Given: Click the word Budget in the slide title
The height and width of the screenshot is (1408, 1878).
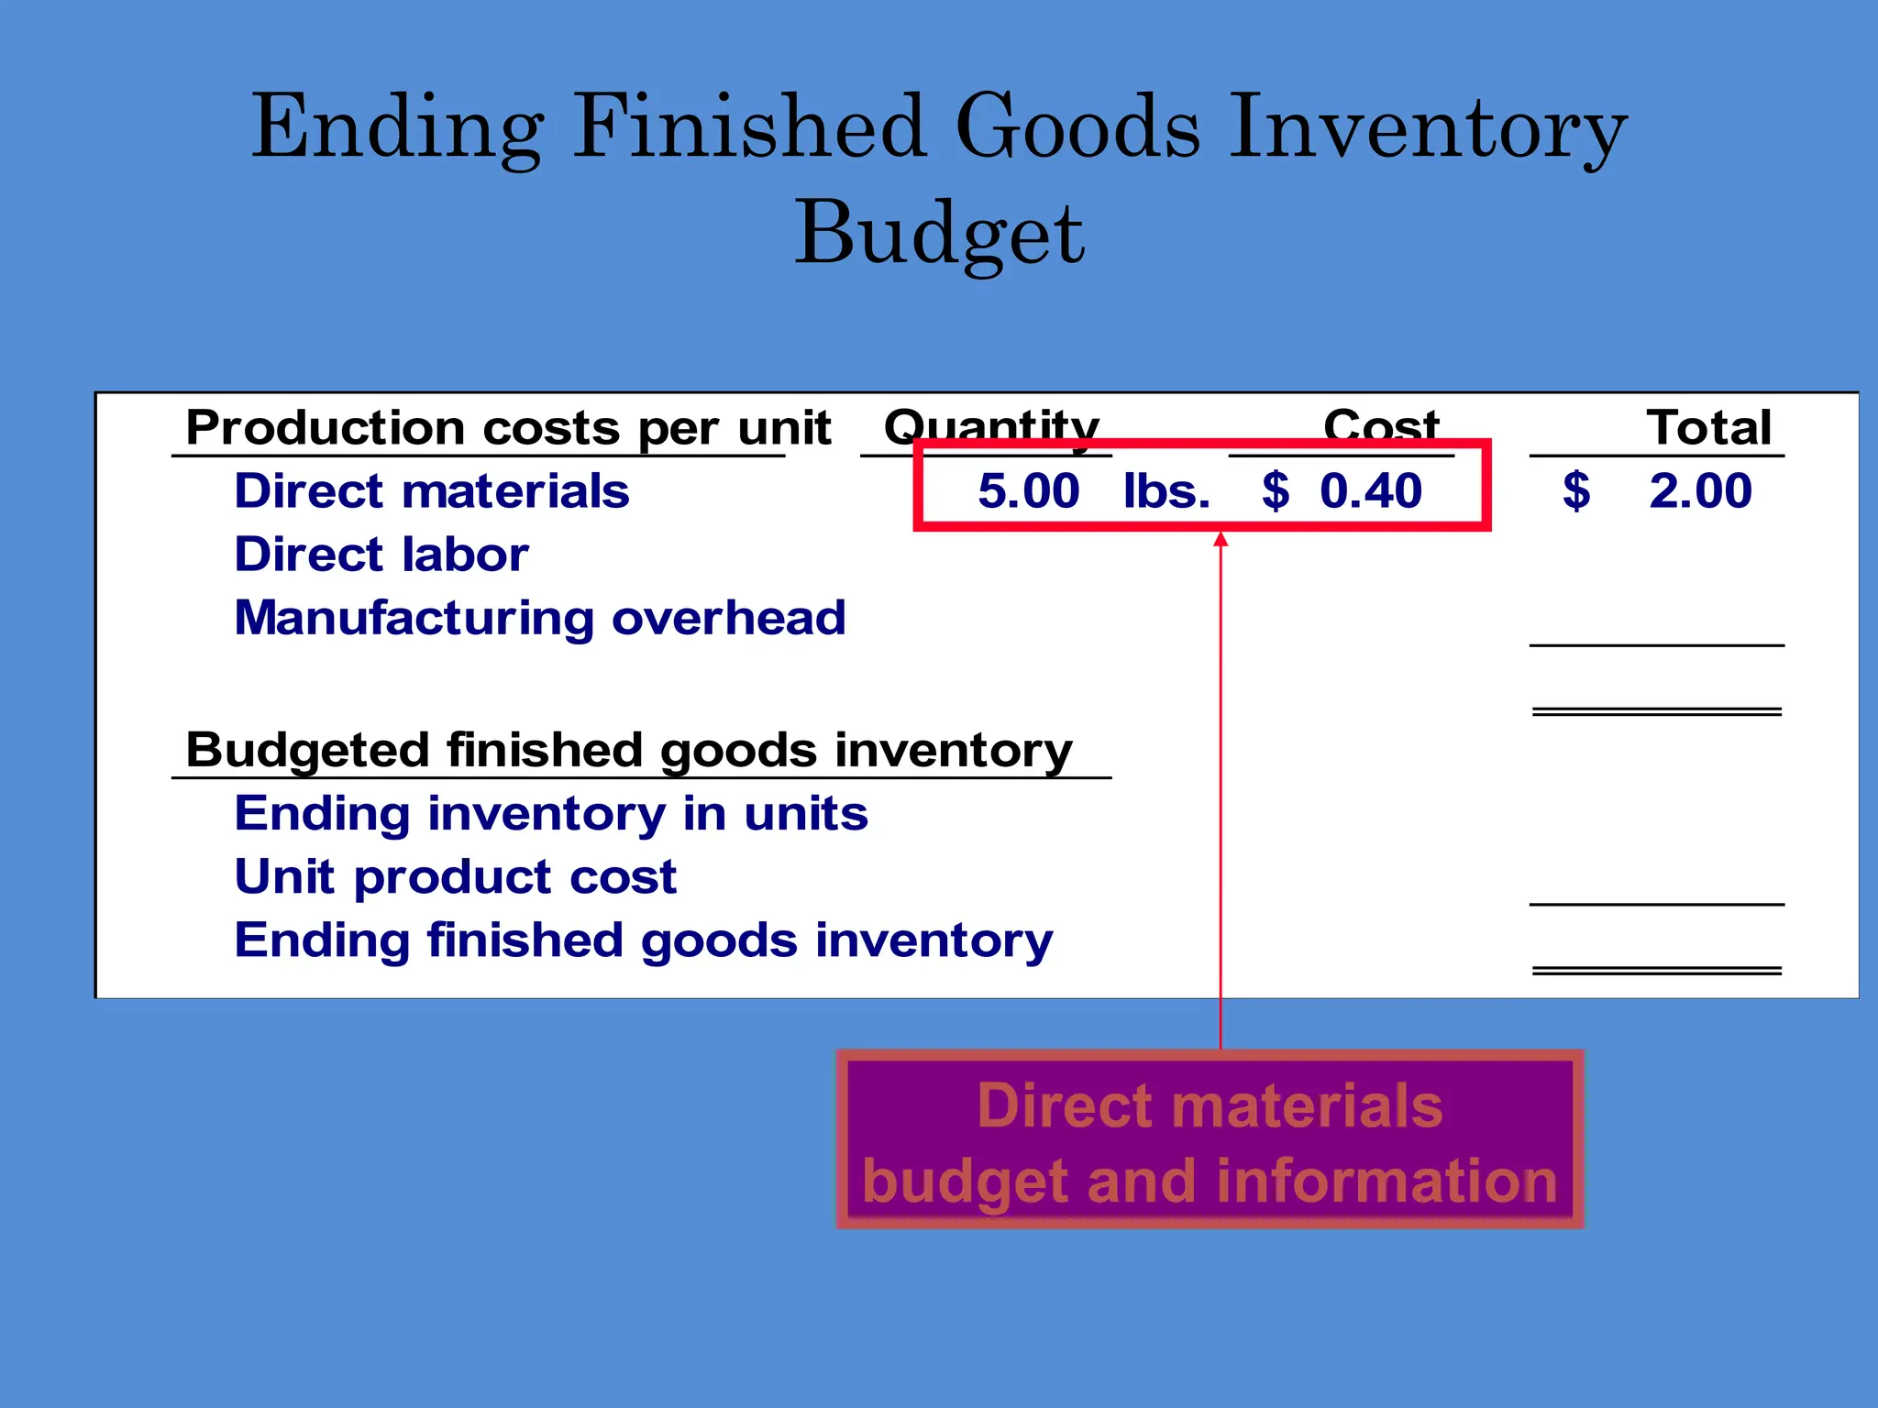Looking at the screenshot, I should click(x=940, y=234).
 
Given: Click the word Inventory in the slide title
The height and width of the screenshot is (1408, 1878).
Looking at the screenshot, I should click(x=1427, y=128).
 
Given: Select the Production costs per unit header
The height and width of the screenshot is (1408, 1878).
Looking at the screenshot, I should click(x=508, y=428).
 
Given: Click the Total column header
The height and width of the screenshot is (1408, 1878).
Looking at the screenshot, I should click(x=1708, y=428).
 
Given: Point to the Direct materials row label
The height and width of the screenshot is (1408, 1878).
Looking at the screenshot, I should click(x=432, y=491).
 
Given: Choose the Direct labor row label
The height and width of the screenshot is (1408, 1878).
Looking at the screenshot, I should click(x=381, y=555).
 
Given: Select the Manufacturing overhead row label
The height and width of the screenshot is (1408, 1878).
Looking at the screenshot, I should click(x=540, y=618).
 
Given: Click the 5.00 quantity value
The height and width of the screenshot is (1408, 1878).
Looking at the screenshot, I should click(x=1028, y=491).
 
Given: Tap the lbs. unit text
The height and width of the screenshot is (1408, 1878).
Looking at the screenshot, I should click(x=1166, y=491).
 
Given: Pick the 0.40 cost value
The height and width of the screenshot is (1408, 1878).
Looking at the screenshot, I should click(x=1370, y=491).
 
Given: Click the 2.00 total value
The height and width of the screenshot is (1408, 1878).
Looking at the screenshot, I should click(x=1699, y=491).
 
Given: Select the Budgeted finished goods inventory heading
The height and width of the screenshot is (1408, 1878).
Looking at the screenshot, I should click(x=629, y=751).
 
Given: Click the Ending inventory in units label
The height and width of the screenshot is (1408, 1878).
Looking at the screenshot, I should click(x=551, y=814).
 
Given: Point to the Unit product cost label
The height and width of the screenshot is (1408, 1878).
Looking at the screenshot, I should click(x=456, y=877).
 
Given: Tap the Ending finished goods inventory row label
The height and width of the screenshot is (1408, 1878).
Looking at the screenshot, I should click(x=644, y=940).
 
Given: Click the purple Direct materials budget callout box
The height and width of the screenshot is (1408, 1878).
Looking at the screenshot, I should click(x=1210, y=1140).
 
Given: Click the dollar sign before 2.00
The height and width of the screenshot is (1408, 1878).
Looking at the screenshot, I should click(x=1576, y=491).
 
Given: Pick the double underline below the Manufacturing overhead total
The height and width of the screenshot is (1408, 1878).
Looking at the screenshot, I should click(x=1656, y=711).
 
